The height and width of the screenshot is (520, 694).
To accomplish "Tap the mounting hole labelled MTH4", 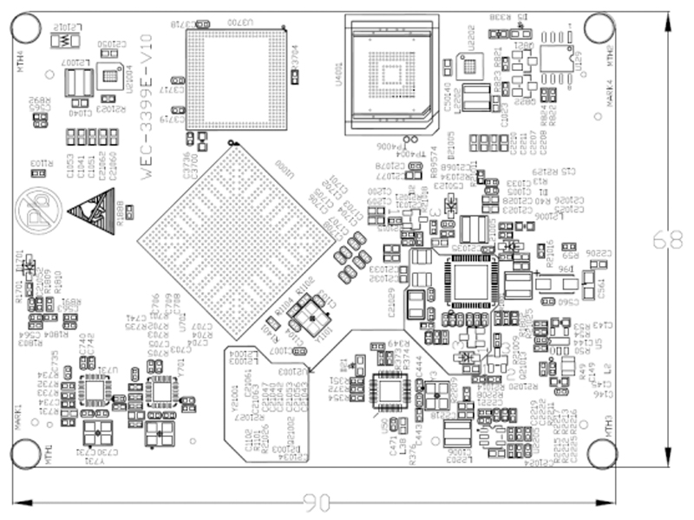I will [25, 29].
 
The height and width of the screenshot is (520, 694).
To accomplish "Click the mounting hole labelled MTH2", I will [599, 29].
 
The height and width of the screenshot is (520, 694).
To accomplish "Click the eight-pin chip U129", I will [555, 55].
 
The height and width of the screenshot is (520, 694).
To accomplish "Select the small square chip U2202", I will [469, 65].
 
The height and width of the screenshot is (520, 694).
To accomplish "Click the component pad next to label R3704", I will [296, 77].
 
